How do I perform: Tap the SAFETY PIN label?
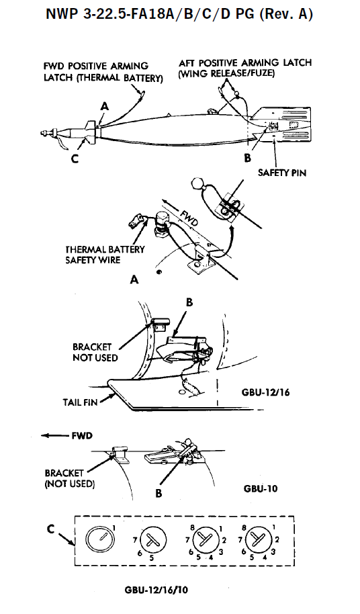281,172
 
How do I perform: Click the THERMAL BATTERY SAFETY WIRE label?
105,255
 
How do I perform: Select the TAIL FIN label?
80,402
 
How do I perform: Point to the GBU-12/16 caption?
266,392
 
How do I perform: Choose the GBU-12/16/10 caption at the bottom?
156,590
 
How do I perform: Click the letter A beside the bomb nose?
105,106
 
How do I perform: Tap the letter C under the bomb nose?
75,159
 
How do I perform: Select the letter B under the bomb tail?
247,158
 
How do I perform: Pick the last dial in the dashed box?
257,540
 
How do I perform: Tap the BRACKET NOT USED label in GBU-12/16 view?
95,352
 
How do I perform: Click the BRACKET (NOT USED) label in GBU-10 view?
70,478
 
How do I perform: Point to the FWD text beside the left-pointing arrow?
82,436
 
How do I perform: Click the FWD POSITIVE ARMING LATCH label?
103,72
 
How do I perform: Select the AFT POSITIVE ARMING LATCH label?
245,68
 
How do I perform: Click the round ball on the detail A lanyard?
197,183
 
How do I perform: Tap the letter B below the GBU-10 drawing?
159,493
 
